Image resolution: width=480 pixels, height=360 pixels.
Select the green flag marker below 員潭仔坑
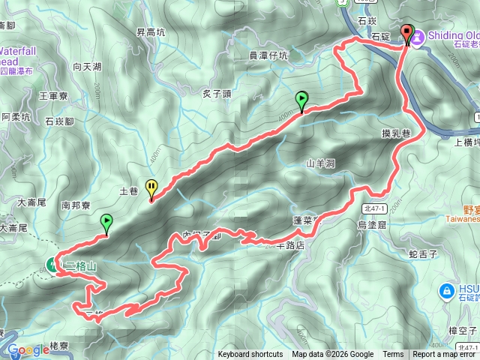tap(301, 98)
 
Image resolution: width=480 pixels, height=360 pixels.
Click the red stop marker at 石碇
tap(408, 32)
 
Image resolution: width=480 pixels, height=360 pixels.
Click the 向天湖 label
tap(87, 67)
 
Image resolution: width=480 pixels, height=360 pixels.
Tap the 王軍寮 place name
tap(53, 96)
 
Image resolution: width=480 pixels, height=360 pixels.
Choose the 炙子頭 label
tap(216, 94)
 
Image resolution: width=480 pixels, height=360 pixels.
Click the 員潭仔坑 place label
tap(268, 55)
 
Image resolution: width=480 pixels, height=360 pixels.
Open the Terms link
tap(393, 355)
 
